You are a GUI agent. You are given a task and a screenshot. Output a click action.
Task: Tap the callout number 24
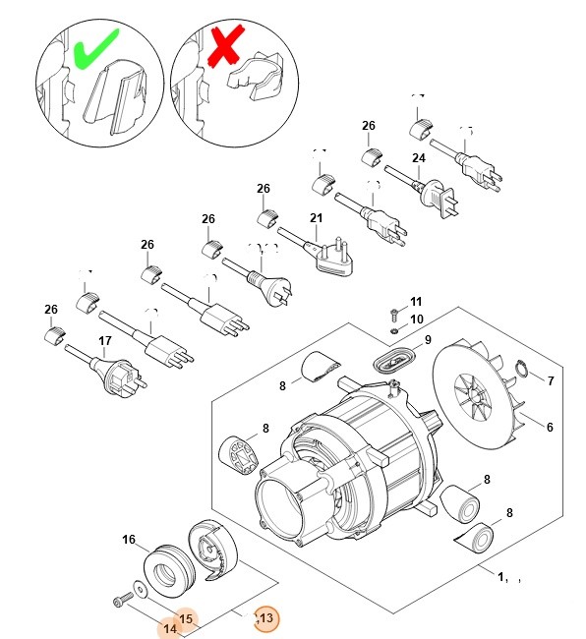(418, 158)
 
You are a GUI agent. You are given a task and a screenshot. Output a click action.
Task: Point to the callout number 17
(105, 342)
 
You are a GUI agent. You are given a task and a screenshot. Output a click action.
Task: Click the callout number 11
(416, 301)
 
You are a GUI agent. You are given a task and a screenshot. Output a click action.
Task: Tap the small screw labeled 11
(392, 314)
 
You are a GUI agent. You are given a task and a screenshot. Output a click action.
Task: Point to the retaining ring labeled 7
(523, 371)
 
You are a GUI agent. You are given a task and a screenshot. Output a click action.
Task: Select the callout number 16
(128, 540)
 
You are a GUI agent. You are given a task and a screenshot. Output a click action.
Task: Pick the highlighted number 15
(187, 619)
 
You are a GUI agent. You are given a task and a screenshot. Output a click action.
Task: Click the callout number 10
(416, 319)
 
